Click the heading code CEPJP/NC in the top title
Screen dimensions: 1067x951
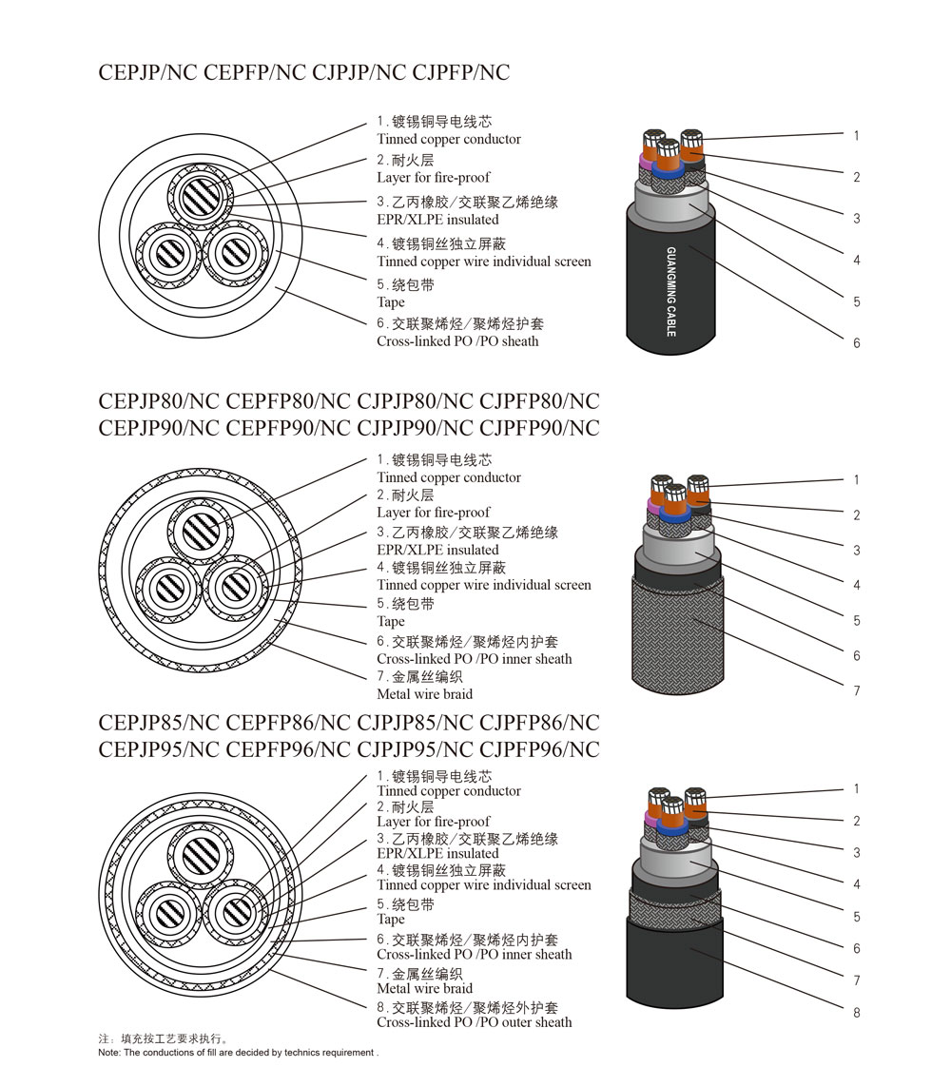[145, 72]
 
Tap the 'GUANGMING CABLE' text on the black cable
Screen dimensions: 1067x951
[671, 291]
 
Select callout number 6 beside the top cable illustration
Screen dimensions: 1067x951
[856, 342]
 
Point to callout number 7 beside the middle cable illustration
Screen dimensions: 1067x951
[856, 690]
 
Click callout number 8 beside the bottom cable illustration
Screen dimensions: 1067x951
[856, 1013]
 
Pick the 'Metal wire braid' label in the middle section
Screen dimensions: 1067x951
[424, 694]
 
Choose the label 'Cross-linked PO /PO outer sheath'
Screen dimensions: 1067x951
[474, 1022]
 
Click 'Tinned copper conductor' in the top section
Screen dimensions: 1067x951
[449, 139]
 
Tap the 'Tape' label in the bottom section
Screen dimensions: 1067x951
[391, 920]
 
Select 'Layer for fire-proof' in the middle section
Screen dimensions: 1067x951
[434, 513]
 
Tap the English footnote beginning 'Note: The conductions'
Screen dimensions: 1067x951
[238, 1053]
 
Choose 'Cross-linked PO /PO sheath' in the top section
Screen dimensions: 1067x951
[457, 341]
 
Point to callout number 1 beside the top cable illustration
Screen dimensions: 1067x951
[856, 136]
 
